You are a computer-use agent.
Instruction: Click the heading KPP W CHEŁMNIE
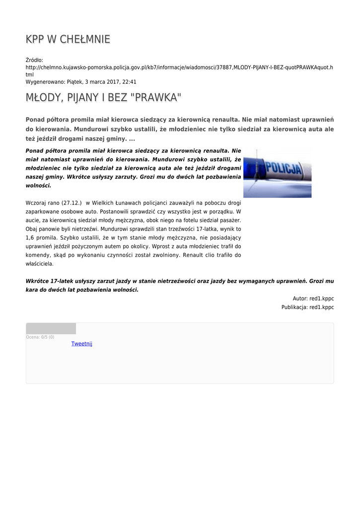coord(68,39)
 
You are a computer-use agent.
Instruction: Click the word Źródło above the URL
coord(34,60)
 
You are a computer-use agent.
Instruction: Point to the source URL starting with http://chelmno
coord(179,67)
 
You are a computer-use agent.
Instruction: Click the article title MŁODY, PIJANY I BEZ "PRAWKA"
coord(103,98)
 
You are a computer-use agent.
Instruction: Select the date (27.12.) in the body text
coord(72,202)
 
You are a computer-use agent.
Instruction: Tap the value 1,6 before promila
coord(30,238)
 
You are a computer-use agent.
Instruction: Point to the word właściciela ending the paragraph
coord(39,264)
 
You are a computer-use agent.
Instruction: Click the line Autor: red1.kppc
coord(313,299)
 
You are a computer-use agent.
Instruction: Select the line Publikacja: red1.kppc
coord(307,308)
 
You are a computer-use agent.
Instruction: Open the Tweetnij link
coord(81,344)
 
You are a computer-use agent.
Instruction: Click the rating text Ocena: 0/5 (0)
coord(40,337)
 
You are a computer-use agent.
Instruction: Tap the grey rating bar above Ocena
coord(51,328)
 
